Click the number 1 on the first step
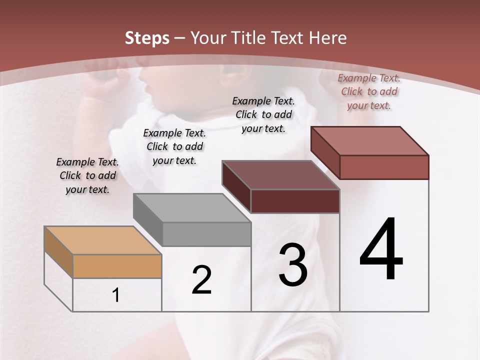tap(116, 295)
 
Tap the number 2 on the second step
tap(201, 280)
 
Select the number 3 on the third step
tap(293, 265)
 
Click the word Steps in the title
tap(147, 38)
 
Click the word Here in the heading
tap(327, 38)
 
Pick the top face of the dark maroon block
tap(280, 175)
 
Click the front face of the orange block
tap(117, 266)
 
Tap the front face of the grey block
tap(206, 234)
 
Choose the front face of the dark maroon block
tap(295, 201)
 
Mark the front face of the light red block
tap(384, 167)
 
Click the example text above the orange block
tap(87, 176)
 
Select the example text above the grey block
tap(174, 146)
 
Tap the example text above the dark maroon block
tap(263, 114)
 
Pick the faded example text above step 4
tap(369, 91)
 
